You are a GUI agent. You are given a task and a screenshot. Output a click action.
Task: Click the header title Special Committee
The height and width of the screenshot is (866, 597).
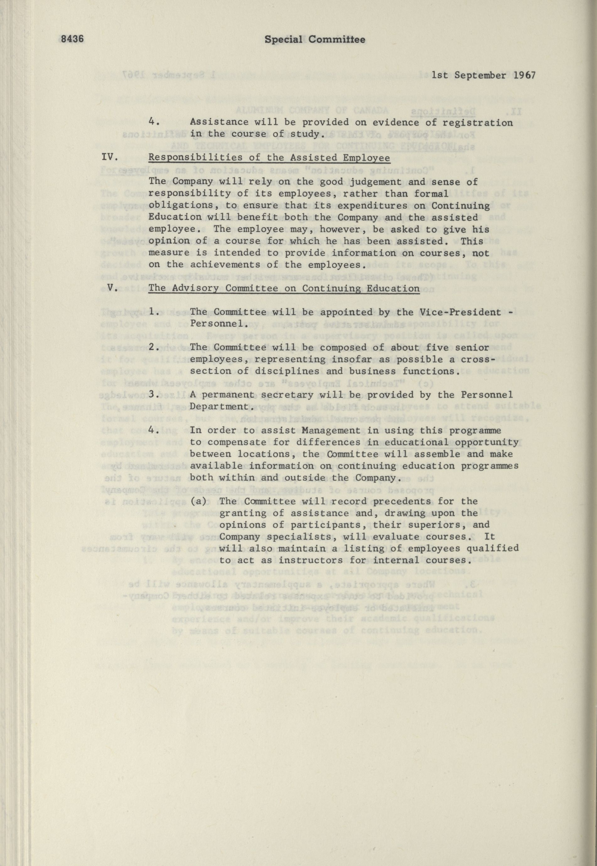315,39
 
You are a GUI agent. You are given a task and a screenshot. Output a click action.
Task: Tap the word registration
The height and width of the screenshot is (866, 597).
480,122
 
